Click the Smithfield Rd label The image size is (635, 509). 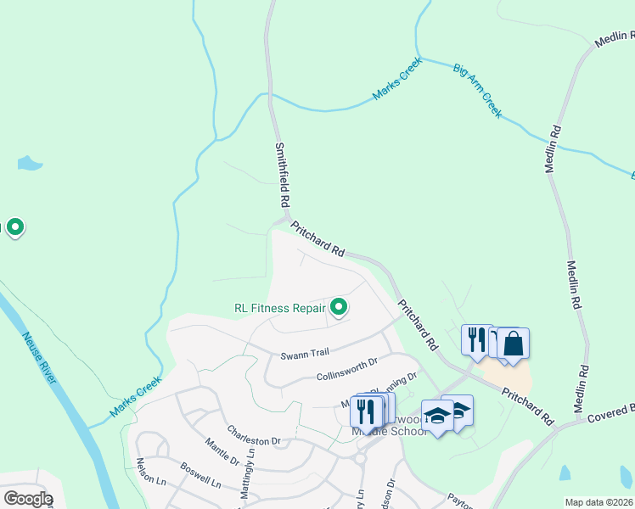[x=283, y=176]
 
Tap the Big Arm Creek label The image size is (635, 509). [x=478, y=90]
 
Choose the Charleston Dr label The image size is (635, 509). [x=253, y=435]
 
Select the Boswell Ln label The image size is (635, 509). [x=200, y=479]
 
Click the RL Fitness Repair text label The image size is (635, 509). [x=280, y=308]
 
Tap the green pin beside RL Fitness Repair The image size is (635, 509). [x=339, y=307]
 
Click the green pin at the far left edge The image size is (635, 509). [x=14, y=227]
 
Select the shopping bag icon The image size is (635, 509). [x=513, y=344]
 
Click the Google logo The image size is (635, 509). [x=28, y=499]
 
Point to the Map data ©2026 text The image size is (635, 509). [x=599, y=502]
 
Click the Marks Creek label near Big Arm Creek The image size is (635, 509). [x=399, y=85]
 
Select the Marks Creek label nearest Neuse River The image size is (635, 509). [x=136, y=396]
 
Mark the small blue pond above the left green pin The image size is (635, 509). [x=29, y=163]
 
